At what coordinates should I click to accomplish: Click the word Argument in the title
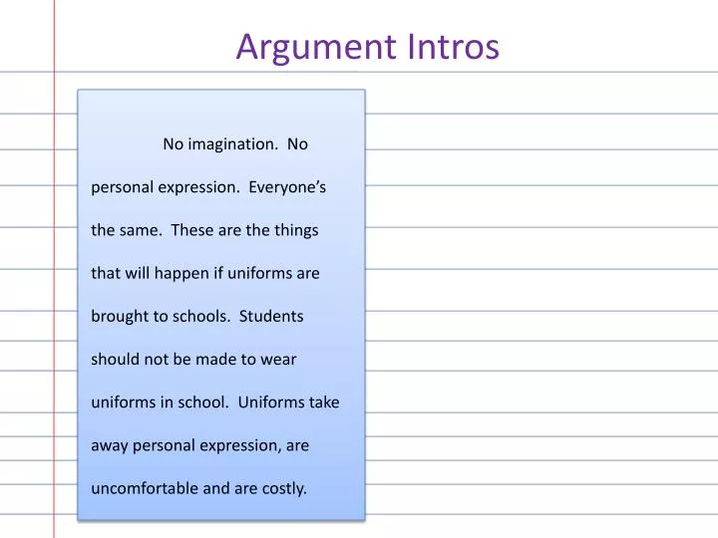click(317, 47)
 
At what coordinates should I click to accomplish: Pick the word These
click(191, 230)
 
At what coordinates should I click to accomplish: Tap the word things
click(297, 230)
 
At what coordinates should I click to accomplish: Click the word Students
click(271, 317)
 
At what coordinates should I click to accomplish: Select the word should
click(116, 360)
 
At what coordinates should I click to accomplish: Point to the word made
click(215, 360)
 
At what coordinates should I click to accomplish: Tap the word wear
click(280, 360)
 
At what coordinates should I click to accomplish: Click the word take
click(323, 403)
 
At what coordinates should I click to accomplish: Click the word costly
click(284, 489)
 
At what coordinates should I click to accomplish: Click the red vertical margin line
click(54, 299)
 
